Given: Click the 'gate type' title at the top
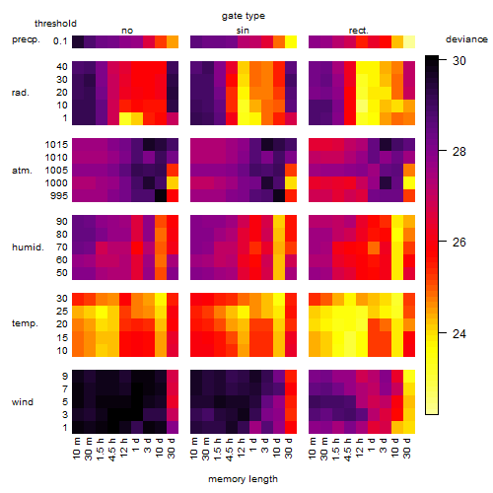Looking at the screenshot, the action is pos(244,16).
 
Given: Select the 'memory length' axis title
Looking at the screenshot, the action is pos(243,479).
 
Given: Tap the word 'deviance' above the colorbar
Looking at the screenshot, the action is pos(466,39).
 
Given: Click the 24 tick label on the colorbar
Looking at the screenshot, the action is pos(459,334).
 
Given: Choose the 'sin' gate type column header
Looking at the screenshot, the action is pos(243,31).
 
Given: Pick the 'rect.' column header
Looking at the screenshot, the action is pos(358,31).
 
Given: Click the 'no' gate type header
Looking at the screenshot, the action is pos(127,31).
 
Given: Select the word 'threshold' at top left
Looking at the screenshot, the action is pos(55,24).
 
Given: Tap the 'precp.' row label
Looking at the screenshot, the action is pos(26,39).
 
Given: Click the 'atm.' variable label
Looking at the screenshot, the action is pos(22,171).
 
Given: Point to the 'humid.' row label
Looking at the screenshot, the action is pos(28,246).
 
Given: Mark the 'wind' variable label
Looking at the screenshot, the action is pos(23,402).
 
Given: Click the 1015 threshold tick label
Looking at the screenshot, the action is pos(56,145).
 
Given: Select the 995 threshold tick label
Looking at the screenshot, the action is pos(59,196).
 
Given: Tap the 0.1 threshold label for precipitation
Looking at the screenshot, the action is pos(60,41).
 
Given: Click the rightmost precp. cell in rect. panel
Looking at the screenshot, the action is pos(409,41).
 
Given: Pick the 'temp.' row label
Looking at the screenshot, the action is pos(25,323).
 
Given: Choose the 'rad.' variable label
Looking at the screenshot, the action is pos(21,93).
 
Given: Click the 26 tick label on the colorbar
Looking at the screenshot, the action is pos(459,243).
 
